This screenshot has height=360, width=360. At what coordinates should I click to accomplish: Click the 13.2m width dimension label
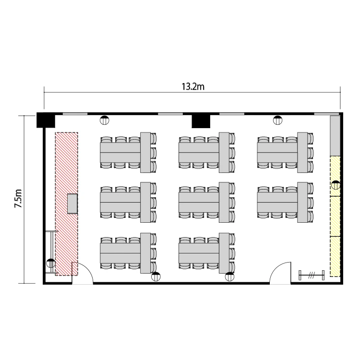(193, 86)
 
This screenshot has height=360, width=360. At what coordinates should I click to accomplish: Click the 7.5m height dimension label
(18, 199)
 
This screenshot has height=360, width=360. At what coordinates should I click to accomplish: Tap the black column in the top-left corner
(46, 120)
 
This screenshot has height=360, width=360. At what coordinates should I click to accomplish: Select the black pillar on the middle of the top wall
(201, 121)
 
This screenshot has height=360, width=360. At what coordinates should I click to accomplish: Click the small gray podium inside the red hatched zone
(72, 204)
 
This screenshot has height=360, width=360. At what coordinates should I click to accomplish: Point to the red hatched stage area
(67, 204)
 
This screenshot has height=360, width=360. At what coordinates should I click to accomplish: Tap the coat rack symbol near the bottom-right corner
(312, 275)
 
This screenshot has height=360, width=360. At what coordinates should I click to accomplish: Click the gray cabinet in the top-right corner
(335, 135)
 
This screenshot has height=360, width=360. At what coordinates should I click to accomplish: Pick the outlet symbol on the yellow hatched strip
(336, 185)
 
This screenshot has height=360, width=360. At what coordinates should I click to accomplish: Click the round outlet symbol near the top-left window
(105, 120)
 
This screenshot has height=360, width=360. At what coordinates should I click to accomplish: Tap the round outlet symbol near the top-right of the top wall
(277, 120)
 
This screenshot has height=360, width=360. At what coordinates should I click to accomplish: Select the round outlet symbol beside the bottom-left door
(156, 276)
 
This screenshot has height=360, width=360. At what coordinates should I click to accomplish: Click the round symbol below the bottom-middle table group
(229, 276)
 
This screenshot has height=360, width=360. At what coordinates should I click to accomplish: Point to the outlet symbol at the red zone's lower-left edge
(51, 263)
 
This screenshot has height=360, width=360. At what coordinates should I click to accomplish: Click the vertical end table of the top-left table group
(145, 153)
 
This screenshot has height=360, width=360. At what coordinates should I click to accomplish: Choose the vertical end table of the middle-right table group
(302, 202)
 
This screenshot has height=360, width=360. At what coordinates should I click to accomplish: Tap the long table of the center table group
(199, 202)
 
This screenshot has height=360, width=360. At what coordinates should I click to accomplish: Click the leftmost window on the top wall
(75, 114)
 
